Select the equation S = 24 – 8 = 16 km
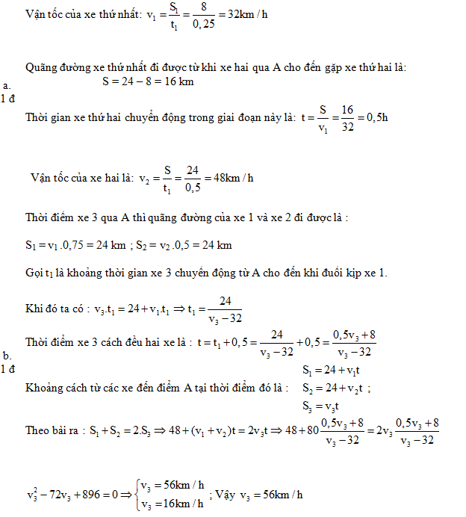click(148, 81)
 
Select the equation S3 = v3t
click(323, 406)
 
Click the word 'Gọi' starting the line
click(34, 272)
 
